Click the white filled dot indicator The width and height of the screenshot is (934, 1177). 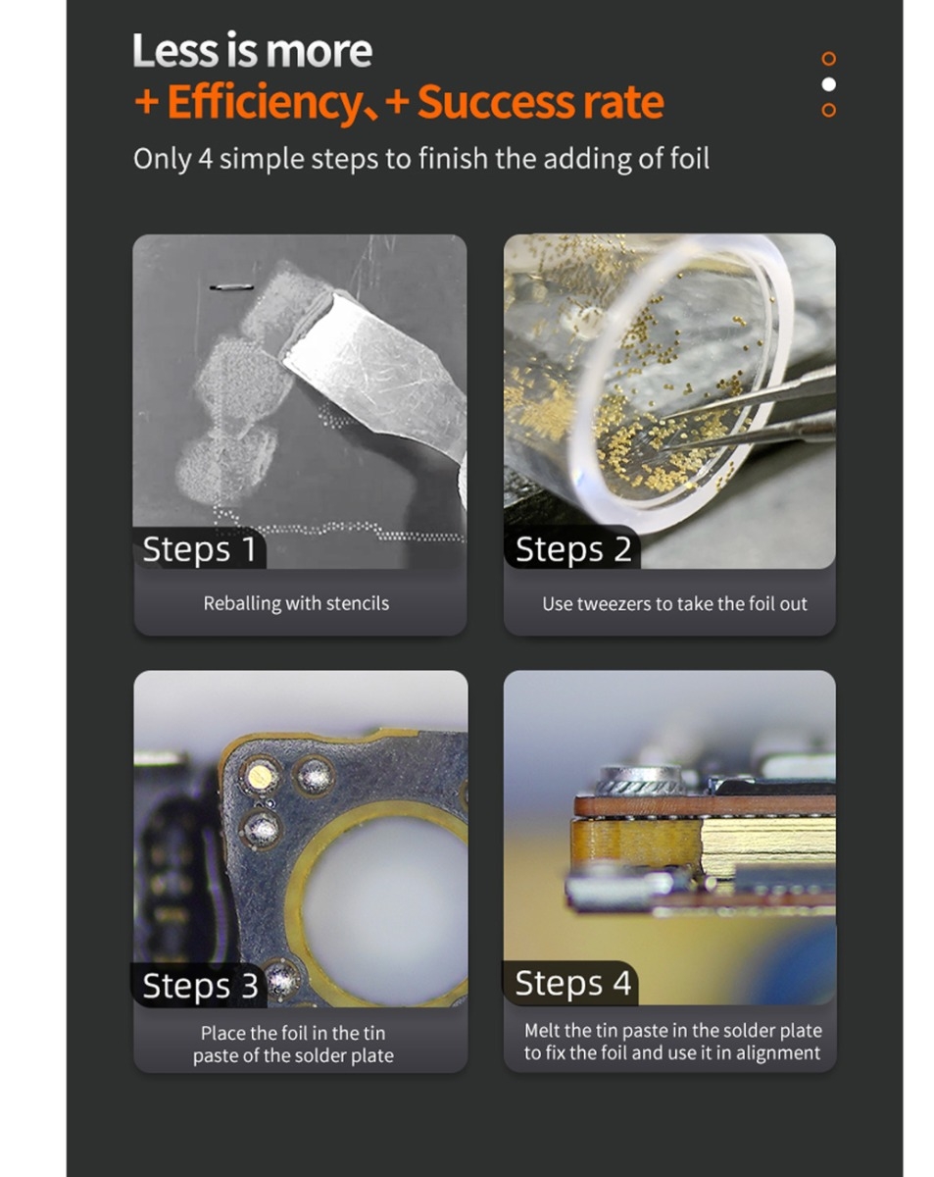pyautogui.click(x=828, y=84)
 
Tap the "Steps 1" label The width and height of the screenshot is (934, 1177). pyautogui.click(x=199, y=549)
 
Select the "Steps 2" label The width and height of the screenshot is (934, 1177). pyautogui.click(x=572, y=549)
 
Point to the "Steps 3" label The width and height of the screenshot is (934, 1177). pyautogui.click(x=200, y=985)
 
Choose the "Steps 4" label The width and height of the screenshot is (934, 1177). pyautogui.click(x=572, y=983)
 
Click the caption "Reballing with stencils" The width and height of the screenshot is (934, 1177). pyautogui.click(x=296, y=603)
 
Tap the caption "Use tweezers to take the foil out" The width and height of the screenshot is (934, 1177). pyautogui.click(x=674, y=604)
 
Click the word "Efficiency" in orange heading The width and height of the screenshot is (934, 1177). pyautogui.click(x=262, y=102)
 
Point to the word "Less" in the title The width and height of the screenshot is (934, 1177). pyautogui.click(x=175, y=50)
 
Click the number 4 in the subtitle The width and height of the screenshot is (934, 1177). pyautogui.click(x=205, y=159)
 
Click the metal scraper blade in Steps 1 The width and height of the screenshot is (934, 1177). pyautogui.click(x=371, y=372)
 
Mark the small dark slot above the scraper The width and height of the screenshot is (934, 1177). pyautogui.click(x=231, y=286)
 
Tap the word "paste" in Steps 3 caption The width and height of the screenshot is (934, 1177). pyautogui.click(x=216, y=1056)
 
